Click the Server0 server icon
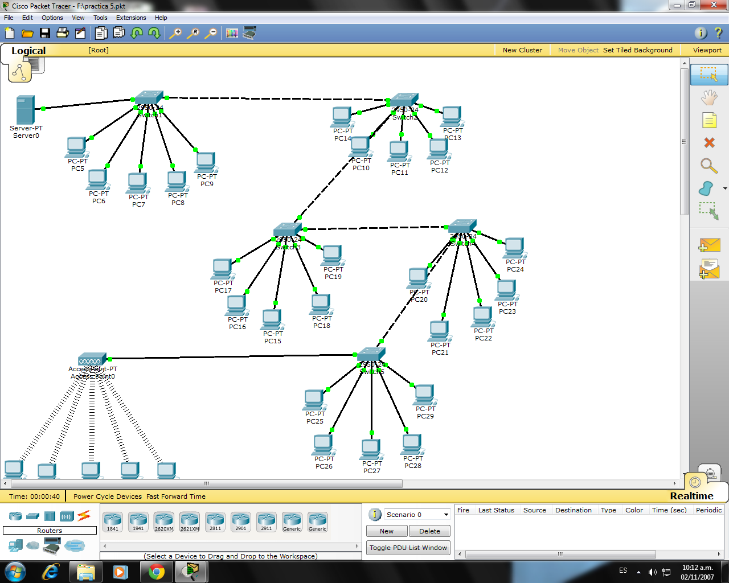(x=26, y=109)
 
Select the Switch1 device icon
(x=149, y=97)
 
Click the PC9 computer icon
(x=206, y=162)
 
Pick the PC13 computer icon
(x=452, y=116)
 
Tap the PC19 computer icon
(x=331, y=255)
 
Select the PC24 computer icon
(x=514, y=248)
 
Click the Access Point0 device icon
(x=92, y=359)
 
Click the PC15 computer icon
(x=272, y=319)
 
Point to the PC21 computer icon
(x=439, y=331)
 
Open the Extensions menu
(x=131, y=18)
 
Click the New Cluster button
(x=522, y=50)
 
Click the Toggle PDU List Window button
(x=408, y=548)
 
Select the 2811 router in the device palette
(x=215, y=520)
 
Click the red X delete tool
(x=709, y=142)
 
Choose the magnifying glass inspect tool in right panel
(x=708, y=166)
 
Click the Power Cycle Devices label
(x=108, y=496)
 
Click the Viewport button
(x=707, y=50)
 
